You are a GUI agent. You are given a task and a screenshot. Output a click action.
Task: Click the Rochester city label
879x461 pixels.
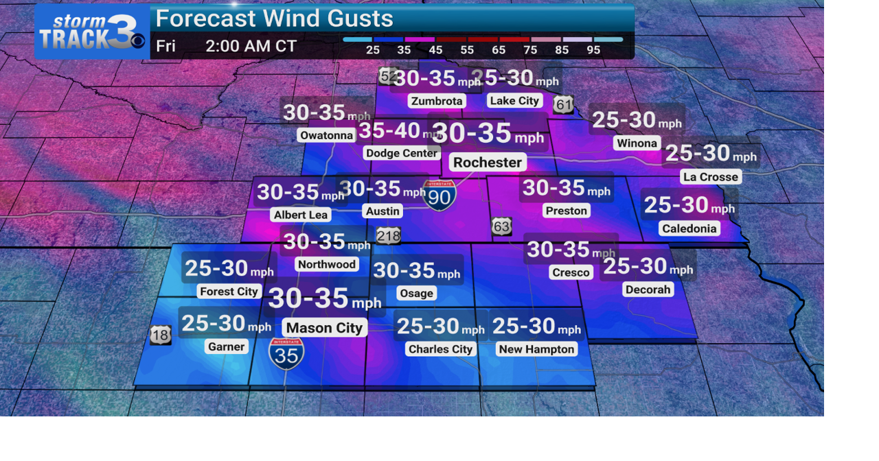pyautogui.click(x=488, y=163)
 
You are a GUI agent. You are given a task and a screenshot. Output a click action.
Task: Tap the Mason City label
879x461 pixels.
pyautogui.click(x=324, y=328)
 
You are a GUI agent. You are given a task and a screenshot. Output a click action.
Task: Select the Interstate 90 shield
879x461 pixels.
pyautogui.click(x=439, y=196)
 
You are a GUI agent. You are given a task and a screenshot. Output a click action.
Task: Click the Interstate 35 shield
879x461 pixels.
pyautogui.click(x=286, y=353)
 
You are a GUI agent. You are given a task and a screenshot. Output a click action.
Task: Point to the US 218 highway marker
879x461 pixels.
pyautogui.click(x=388, y=236)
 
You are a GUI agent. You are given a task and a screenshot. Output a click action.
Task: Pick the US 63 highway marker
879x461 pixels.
pyautogui.click(x=501, y=226)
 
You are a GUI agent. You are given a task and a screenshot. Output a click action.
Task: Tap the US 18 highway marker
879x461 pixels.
pyautogui.click(x=160, y=335)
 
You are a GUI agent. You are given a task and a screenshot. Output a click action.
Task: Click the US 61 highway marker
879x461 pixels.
pyautogui.click(x=563, y=104)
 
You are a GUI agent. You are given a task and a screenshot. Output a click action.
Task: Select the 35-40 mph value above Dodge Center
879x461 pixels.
pyautogui.click(x=390, y=130)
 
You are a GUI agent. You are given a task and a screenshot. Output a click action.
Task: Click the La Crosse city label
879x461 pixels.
pyautogui.click(x=711, y=177)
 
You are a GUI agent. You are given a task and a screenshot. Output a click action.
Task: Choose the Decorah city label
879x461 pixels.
pyautogui.click(x=648, y=289)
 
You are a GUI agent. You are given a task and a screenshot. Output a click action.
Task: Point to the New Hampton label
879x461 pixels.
pyautogui.click(x=536, y=349)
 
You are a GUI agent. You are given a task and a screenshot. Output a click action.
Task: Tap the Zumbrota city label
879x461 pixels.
pyautogui.click(x=437, y=101)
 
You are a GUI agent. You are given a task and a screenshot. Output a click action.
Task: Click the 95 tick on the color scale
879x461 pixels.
pyautogui.click(x=593, y=50)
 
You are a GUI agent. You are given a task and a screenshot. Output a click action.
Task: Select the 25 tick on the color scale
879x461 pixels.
pyautogui.click(x=373, y=50)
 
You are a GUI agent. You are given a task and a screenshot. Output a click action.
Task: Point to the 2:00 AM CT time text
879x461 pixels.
pyautogui.click(x=251, y=47)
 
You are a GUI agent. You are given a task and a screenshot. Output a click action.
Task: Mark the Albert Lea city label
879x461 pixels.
pyautogui.click(x=301, y=215)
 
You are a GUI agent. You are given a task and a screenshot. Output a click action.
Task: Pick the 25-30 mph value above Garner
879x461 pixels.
pyautogui.click(x=214, y=322)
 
